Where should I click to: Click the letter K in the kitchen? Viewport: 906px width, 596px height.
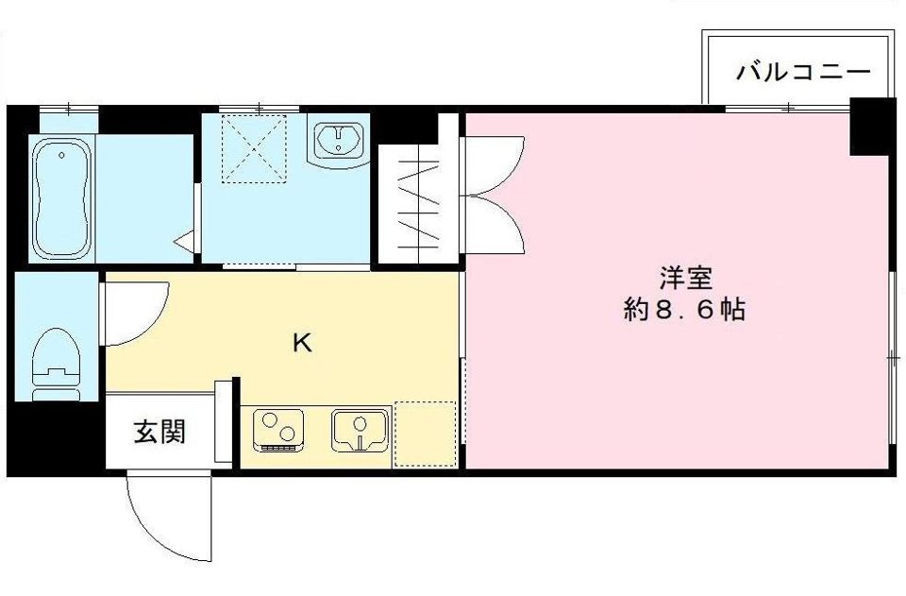point(301,342)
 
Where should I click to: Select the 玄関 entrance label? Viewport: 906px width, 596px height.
point(159,433)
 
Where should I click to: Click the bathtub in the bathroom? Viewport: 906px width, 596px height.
point(61,198)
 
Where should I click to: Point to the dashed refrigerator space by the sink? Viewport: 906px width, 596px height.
point(425,434)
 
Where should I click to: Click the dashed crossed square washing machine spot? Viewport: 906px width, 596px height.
point(253,148)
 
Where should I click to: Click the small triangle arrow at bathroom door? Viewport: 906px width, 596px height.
point(183,241)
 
